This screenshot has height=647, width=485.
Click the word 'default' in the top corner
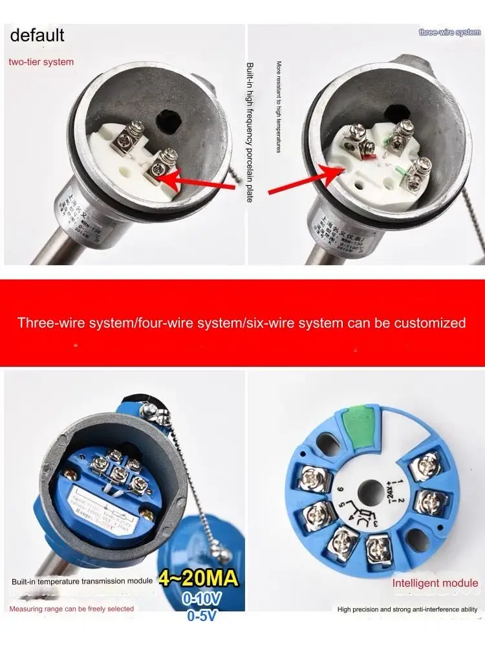click(x=38, y=34)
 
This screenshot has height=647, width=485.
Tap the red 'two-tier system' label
click(x=41, y=62)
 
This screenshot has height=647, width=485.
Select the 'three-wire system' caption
click(x=449, y=32)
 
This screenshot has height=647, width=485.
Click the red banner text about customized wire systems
click(x=242, y=322)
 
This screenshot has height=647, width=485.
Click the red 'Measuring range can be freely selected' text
click(x=72, y=609)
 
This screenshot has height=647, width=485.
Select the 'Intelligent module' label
click(x=435, y=583)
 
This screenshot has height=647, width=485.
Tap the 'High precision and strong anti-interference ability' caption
click(x=407, y=609)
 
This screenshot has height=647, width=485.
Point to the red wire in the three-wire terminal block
click(x=371, y=155)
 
